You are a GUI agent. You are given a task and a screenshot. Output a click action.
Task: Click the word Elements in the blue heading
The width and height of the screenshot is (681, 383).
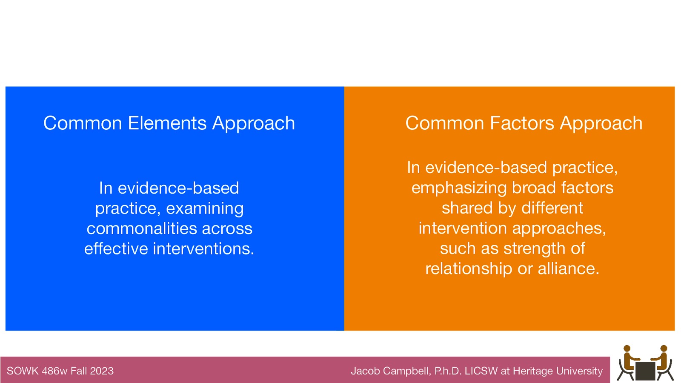click(x=167, y=123)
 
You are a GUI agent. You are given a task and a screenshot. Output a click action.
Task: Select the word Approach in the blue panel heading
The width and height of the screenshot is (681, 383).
click(x=253, y=124)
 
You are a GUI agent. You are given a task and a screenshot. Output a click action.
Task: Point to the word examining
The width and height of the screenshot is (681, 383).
click(x=205, y=209)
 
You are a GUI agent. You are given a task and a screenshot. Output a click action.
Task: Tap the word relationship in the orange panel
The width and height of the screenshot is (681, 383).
click(x=469, y=269)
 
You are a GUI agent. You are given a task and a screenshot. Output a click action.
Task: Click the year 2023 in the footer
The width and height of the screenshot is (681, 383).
click(x=102, y=371)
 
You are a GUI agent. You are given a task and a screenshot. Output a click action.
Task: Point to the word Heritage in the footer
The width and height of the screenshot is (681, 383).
click(x=530, y=371)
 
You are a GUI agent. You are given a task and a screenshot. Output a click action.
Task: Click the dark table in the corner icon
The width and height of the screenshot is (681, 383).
click(x=645, y=371)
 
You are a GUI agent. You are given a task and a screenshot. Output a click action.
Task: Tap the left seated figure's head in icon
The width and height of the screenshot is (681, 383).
click(x=627, y=349)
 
